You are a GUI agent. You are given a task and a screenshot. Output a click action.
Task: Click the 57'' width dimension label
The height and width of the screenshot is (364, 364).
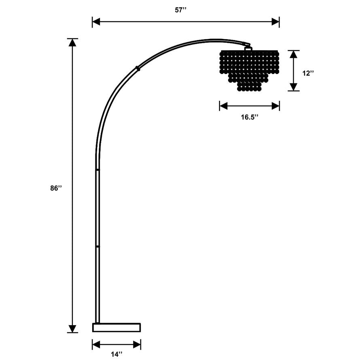point(186,10)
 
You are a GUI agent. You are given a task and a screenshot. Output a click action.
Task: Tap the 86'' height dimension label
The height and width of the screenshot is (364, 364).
point(56,188)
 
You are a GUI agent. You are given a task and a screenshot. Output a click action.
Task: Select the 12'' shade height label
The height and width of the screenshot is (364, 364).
point(308,73)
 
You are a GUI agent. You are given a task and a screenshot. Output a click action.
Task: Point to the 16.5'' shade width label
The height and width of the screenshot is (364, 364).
point(250,117)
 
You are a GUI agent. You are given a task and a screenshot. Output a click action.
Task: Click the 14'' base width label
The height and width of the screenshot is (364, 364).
point(116,354)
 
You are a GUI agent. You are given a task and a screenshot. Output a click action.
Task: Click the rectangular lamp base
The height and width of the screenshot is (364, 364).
point(116,327)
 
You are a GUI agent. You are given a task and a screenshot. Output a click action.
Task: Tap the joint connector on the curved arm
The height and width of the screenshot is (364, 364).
point(138,68)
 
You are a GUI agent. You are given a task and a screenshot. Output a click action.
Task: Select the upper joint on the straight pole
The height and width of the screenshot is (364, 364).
point(97,170)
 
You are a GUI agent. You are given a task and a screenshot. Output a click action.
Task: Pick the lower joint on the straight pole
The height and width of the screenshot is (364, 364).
point(97,245)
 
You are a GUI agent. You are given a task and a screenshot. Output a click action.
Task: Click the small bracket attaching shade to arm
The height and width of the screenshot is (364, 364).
point(248,48)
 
